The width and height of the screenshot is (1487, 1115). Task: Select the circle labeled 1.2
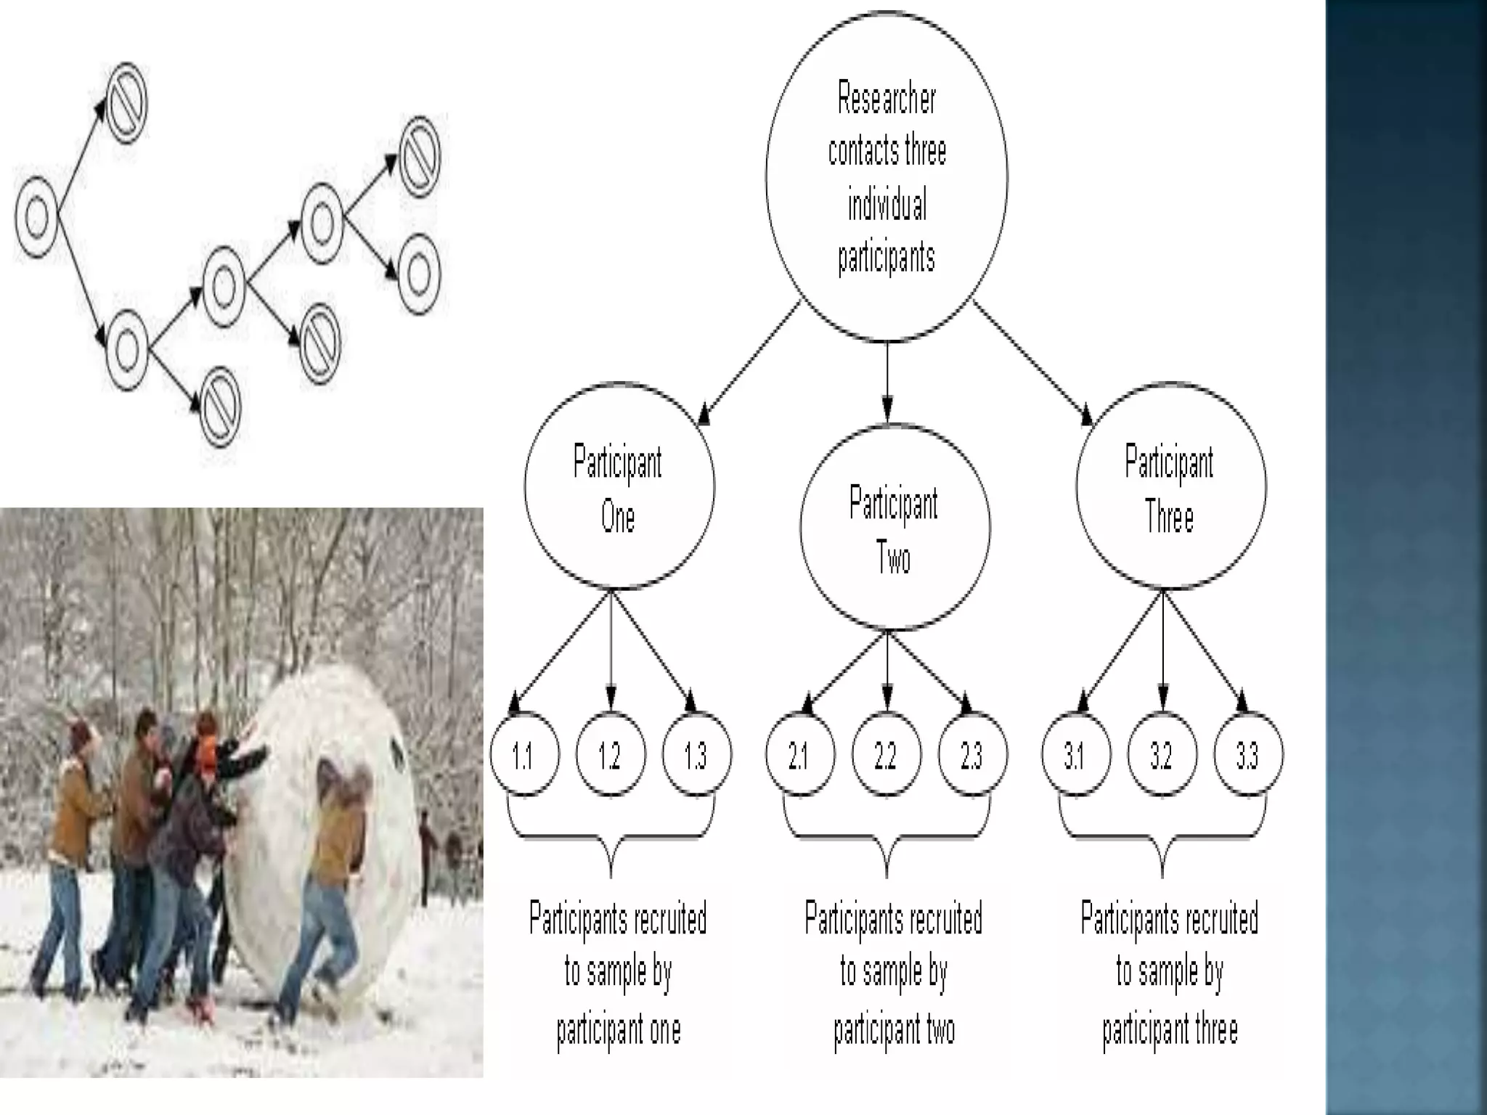611,755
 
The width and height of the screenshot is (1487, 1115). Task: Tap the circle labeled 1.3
696,755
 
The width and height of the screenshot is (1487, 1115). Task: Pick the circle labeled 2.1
799,755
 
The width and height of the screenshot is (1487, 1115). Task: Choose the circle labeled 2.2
886,755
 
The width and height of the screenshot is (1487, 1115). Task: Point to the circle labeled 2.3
972,755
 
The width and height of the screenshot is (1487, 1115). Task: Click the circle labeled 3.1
1075,755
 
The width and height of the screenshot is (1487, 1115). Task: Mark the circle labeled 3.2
1162,755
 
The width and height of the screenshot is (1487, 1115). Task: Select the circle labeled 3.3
1248,755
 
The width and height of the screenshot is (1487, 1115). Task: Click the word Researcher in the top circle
887,99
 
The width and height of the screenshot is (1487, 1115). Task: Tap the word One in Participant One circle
618,518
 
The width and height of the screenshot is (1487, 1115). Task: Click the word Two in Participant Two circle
894,559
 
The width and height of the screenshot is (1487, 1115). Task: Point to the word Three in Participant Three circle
1170,518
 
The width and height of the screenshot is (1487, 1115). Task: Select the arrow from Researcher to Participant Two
887,381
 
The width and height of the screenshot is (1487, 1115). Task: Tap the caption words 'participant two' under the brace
894,1029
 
